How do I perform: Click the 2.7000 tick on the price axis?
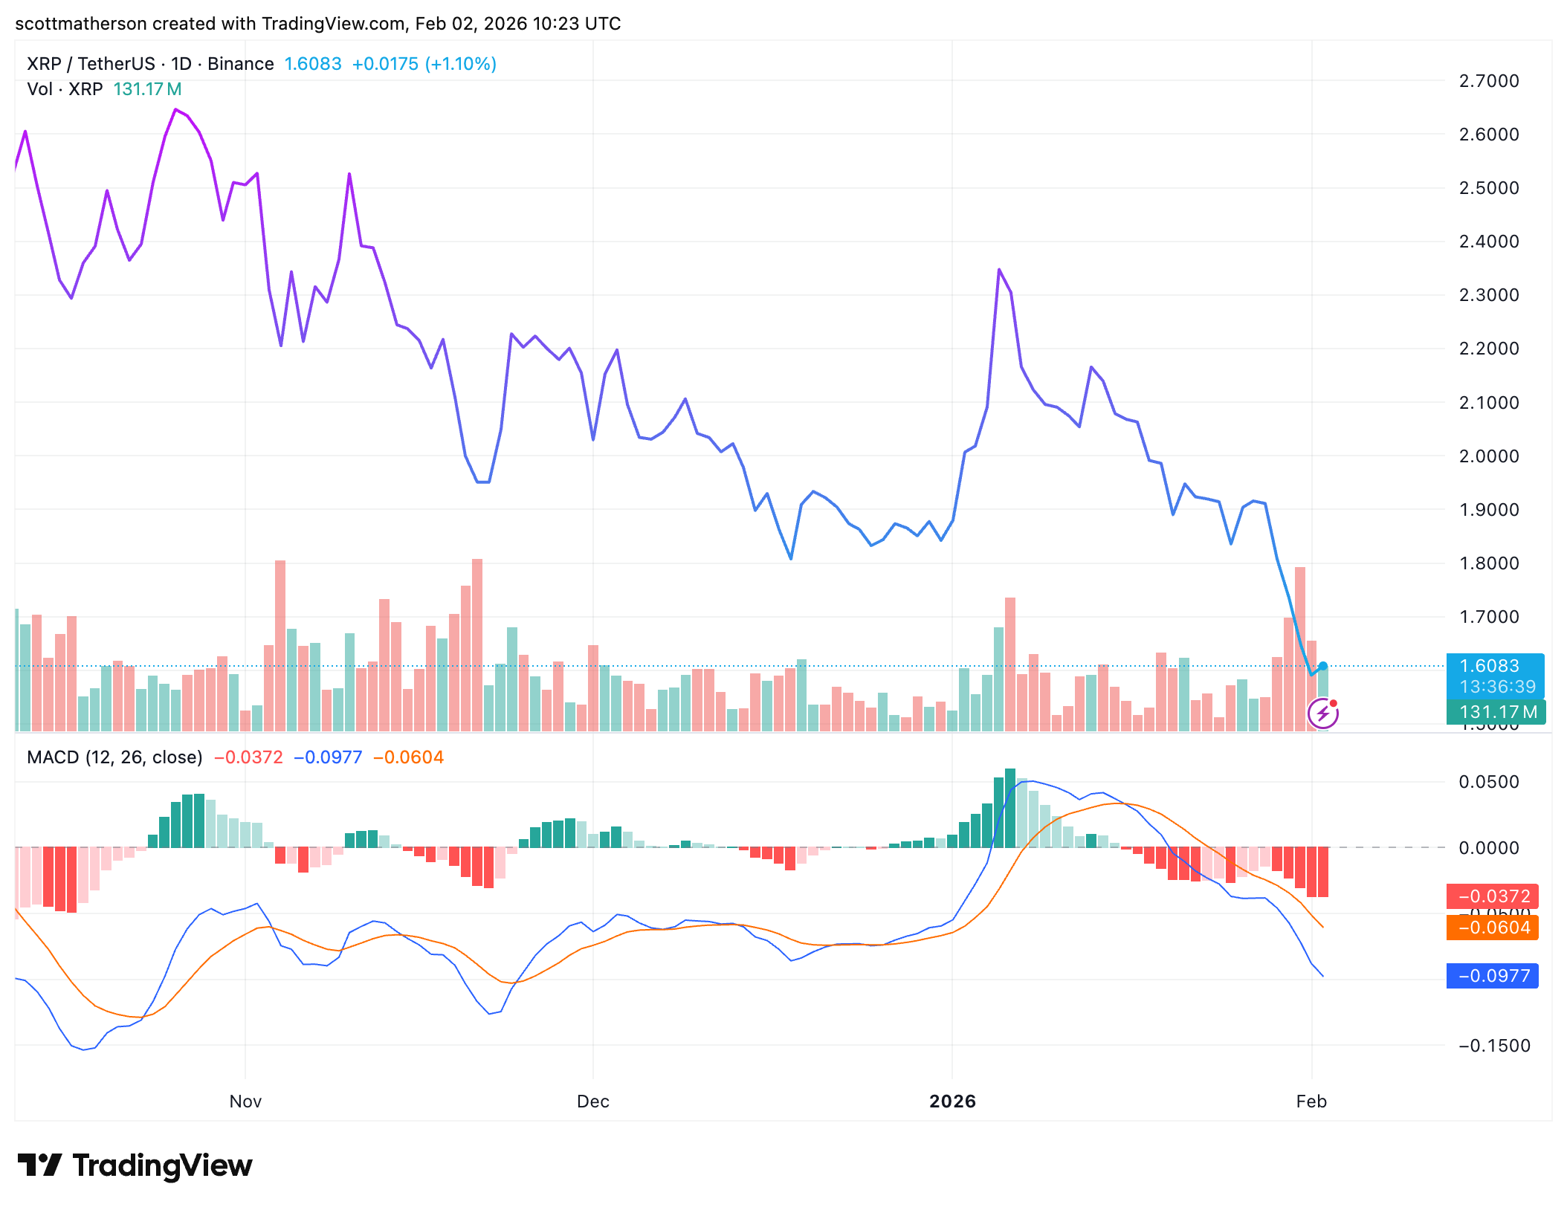[x=1489, y=81]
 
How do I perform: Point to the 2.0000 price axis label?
[x=1489, y=456]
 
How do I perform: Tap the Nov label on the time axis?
[x=245, y=1101]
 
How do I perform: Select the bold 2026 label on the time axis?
[x=952, y=1101]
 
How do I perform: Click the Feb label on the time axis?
[x=1311, y=1101]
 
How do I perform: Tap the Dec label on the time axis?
[x=593, y=1101]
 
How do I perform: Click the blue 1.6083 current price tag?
[x=1490, y=666]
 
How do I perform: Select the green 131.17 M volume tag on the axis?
[x=1496, y=712]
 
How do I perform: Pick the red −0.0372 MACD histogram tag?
[x=1493, y=896]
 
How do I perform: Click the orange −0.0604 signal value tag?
[x=1493, y=928]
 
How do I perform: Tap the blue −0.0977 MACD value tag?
[x=1493, y=976]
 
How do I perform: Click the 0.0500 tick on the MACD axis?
[x=1489, y=782]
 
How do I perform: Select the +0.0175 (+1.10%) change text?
[x=424, y=64]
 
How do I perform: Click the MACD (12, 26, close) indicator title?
[x=114, y=757]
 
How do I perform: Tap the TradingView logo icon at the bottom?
[x=39, y=1165]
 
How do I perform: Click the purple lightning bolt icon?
[x=1323, y=714]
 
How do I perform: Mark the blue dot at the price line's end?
[x=1323, y=666]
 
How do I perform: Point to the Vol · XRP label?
[x=65, y=89]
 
